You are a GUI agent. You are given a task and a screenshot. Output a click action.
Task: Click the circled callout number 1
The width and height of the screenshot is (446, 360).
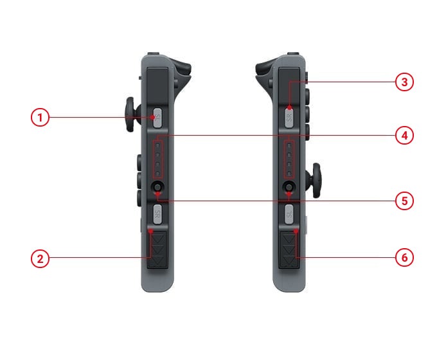coord(40,118)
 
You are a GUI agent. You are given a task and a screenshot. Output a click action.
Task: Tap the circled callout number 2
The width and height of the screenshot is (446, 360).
coord(40,258)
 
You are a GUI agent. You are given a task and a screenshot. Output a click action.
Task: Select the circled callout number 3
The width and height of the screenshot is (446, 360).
coord(404,82)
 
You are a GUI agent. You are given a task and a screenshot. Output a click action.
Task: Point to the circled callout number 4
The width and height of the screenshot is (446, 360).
coord(404,136)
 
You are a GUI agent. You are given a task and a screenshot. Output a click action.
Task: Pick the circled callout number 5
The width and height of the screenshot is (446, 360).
coord(404,201)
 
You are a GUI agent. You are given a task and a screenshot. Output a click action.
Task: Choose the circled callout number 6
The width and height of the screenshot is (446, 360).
coord(404,258)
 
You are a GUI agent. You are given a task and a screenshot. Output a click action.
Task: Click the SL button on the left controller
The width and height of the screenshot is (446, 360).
coord(157,118)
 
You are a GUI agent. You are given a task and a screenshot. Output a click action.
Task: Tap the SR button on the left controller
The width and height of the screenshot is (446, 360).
coord(157,214)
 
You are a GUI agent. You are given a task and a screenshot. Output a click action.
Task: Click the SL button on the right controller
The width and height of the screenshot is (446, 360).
coord(289,214)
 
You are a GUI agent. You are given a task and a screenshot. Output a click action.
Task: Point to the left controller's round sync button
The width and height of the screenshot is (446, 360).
coord(157,187)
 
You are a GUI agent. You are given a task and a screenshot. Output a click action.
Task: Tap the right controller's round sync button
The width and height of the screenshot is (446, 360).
coord(289,187)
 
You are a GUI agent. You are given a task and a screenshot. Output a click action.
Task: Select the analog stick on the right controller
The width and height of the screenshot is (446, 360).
coord(316,180)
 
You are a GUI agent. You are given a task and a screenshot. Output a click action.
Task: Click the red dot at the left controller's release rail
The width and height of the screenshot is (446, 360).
coord(151,231)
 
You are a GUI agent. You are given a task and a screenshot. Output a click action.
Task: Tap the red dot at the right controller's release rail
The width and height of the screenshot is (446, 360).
coord(296,231)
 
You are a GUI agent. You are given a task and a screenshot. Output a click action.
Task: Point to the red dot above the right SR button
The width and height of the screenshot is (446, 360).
coord(290,107)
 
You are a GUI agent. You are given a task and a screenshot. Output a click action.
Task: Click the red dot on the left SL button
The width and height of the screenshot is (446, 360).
coord(153,117)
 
